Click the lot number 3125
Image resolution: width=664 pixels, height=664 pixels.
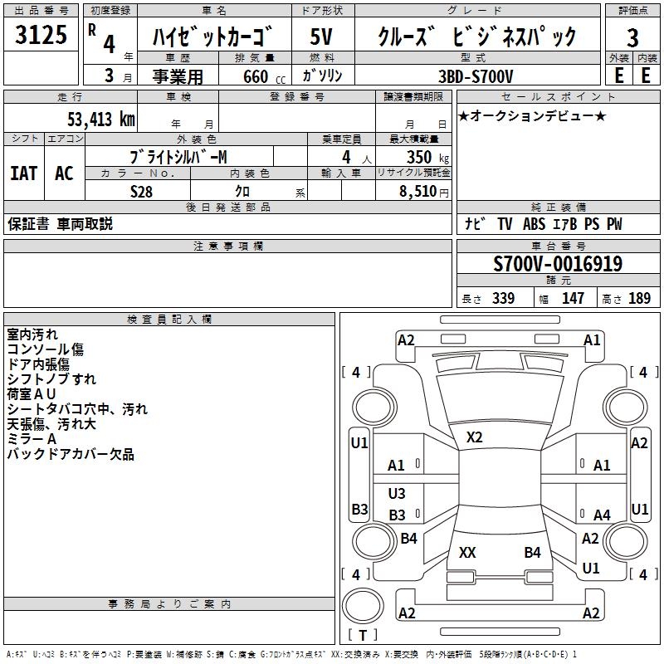[41, 36]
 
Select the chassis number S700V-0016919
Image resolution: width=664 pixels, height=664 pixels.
[558, 265]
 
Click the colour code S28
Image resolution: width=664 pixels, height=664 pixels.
[141, 192]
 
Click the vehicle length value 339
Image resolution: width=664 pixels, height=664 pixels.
[503, 299]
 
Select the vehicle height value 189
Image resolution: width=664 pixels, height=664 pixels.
[640, 299]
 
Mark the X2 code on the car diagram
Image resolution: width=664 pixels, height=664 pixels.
[474, 437]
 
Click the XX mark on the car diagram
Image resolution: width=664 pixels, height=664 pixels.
[467, 552]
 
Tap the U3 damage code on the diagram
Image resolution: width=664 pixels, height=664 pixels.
[397, 494]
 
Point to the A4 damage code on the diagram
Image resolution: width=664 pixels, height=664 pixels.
[602, 515]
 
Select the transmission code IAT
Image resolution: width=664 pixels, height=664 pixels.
[23, 173]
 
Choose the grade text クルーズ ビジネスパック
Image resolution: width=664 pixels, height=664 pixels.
[476, 37]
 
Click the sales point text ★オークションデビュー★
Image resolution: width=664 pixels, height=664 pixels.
[532, 115]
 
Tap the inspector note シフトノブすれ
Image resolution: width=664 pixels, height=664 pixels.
[51, 379]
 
